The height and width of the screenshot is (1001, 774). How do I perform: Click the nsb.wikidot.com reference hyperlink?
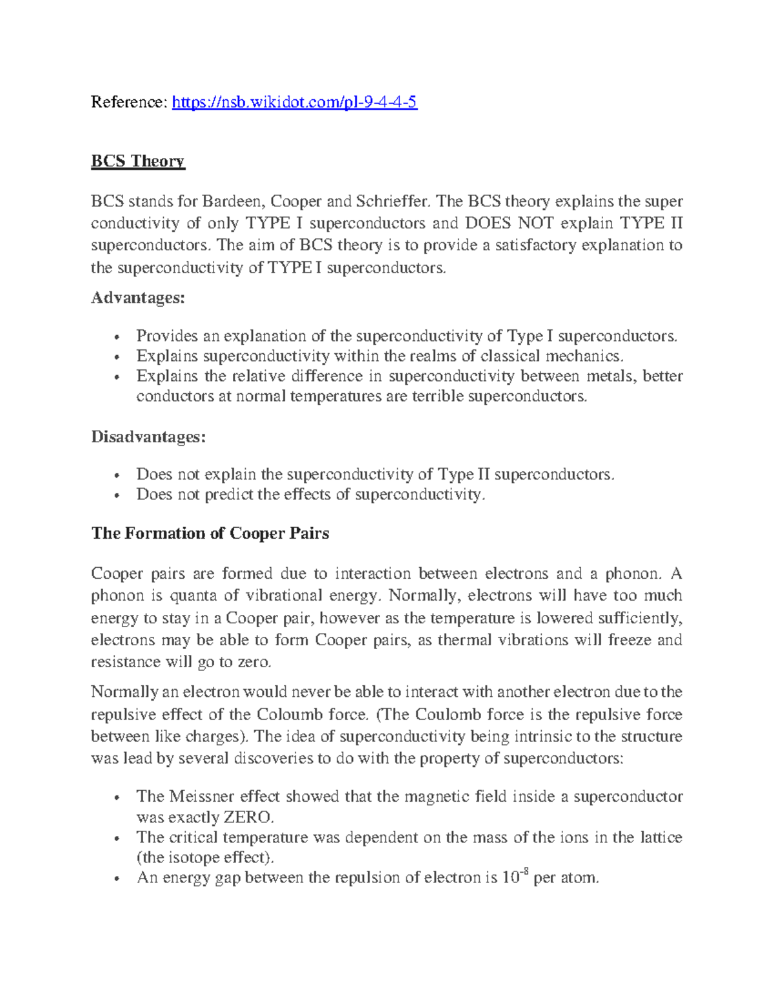pyautogui.click(x=294, y=102)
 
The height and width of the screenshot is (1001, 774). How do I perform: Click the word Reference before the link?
pyautogui.click(x=128, y=102)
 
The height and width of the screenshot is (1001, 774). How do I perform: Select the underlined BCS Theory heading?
pyautogui.click(x=138, y=160)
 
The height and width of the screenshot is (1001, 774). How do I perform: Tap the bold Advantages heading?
pyautogui.click(x=138, y=298)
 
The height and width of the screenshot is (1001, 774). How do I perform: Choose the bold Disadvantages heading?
pyautogui.click(x=148, y=437)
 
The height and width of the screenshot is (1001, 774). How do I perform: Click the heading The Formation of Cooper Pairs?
pyautogui.click(x=210, y=533)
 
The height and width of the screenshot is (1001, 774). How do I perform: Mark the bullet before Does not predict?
pyautogui.click(x=116, y=496)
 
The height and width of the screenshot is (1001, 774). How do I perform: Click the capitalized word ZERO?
pyautogui.click(x=248, y=817)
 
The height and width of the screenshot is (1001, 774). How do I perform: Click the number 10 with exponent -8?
pyautogui.click(x=511, y=877)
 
